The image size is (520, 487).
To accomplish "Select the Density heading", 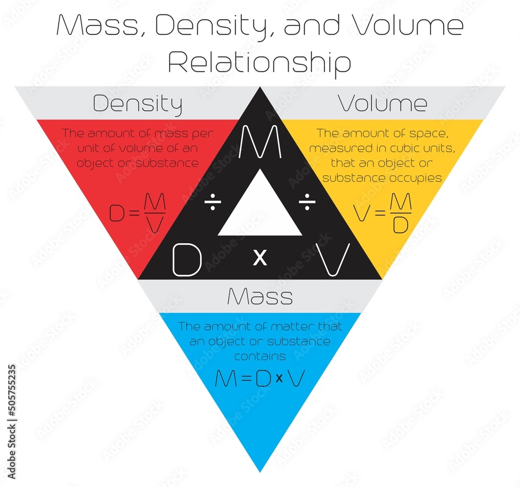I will (x=137, y=104).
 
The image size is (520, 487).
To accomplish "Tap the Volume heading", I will (x=383, y=103).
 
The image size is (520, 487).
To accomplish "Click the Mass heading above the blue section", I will (x=259, y=297).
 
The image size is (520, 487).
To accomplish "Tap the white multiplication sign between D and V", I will (x=259, y=257).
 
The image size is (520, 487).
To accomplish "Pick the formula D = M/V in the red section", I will (x=137, y=213).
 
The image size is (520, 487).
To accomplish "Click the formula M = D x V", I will (x=259, y=379).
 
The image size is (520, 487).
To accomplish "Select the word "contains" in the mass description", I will (x=259, y=356).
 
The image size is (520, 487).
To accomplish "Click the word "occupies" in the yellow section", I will (x=417, y=178).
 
